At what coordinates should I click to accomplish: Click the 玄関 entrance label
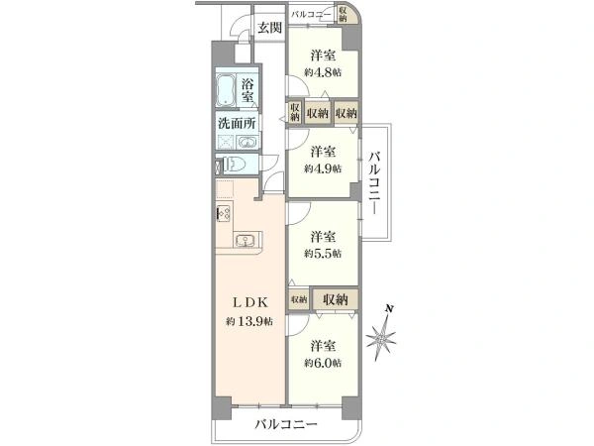[270, 28]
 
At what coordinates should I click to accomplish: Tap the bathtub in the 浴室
[226, 90]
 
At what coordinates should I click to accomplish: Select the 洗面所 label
[238, 123]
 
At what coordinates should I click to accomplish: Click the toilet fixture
[234, 165]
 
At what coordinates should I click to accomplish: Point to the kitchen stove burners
[224, 213]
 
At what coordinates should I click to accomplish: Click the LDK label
[250, 302]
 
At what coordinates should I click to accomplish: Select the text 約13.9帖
[249, 321]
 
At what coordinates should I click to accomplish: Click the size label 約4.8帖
[323, 72]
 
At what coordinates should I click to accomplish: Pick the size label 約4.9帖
[323, 168]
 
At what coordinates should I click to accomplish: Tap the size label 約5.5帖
[323, 254]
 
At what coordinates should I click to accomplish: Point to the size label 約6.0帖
[323, 363]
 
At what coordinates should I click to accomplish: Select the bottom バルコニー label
[286, 423]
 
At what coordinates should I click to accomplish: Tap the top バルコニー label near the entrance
[311, 15]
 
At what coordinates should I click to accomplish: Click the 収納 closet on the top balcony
[344, 14]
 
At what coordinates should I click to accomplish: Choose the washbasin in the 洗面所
[247, 143]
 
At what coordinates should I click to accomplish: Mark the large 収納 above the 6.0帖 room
[336, 300]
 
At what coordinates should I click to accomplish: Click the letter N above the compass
[389, 308]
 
